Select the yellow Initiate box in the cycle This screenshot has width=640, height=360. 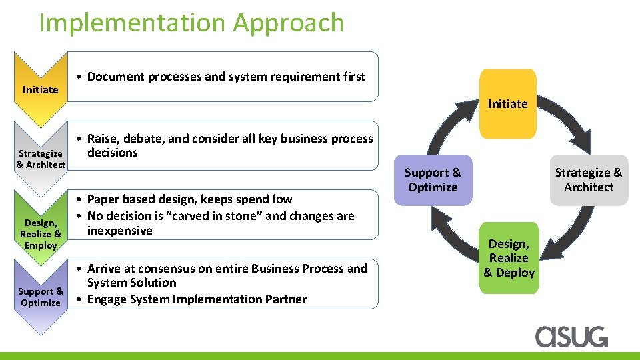point(507,103)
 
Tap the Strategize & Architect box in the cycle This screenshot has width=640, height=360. point(588,180)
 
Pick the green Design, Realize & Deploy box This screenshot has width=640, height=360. point(509,258)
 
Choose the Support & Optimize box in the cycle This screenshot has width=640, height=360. point(433,180)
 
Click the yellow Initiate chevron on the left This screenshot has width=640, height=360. point(41,89)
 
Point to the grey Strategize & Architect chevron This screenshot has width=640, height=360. point(41,159)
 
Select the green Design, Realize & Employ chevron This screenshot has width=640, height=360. point(41,234)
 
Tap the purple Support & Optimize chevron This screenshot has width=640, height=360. point(41,297)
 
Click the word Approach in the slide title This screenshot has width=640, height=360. point(288,23)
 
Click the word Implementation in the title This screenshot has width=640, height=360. point(132,23)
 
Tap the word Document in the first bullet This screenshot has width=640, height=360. point(115,77)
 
